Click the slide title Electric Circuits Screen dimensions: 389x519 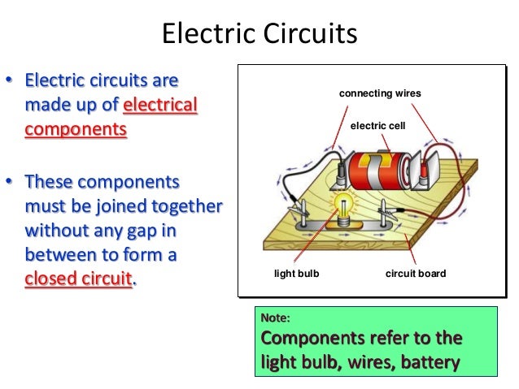point(259,35)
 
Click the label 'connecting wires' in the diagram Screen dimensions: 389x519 point(380,94)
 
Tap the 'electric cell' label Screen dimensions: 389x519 point(377,127)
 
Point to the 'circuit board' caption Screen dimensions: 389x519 point(415,274)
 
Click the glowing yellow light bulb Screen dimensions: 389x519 point(341,206)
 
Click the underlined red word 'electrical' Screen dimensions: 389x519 point(159,106)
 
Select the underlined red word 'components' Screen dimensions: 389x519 point(76,130)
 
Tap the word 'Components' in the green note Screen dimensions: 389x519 point(308,338)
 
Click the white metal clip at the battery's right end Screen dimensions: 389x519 point(430,171)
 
